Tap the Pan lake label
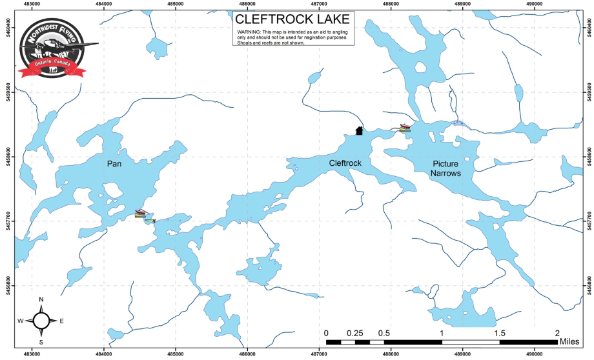click(115, 164)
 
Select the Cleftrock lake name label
click(345, 163)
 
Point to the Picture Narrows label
click(446, 168)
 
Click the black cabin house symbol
click(360, 131)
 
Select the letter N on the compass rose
click(41, 299)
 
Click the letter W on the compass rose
click(21, 321)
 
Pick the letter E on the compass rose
click(62, 321)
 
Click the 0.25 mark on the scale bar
click(354, 333)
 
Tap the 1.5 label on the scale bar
click(499, 333)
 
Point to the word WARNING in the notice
click(249, 31)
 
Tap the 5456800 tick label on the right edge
click(587, 285)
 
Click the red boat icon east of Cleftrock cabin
click(404, 126)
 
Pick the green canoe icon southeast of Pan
click(150, 221)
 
